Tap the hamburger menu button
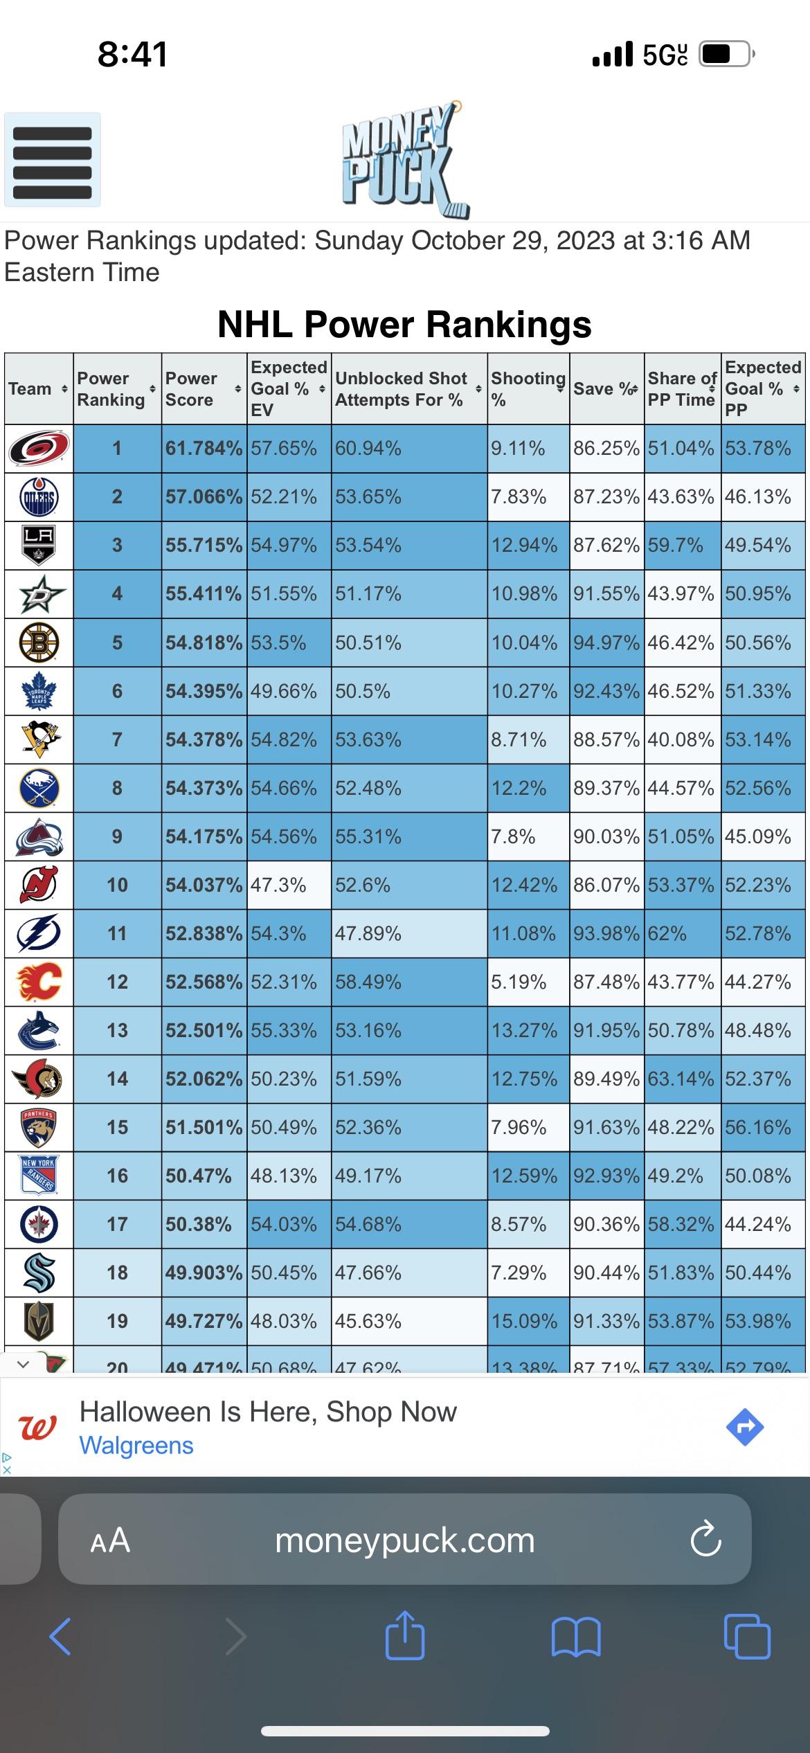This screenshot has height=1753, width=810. coord(53,160)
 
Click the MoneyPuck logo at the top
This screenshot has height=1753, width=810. coord(404,160)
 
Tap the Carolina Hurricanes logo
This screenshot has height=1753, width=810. coord(39,448)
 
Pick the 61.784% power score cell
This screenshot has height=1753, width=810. coord(204,448)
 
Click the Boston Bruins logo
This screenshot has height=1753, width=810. coord(39,642)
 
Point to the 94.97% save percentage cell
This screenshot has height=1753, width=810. coord(606,642)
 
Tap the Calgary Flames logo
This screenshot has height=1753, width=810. coord(39,982)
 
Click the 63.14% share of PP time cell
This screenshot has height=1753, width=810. coord(681,1079)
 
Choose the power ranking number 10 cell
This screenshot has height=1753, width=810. coord(117,885)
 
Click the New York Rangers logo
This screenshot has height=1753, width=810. coord(39,1176)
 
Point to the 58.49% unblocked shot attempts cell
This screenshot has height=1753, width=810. coord(408,982)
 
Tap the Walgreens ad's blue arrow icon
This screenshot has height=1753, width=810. coord(745,1427)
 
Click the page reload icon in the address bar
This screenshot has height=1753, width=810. coord(705,1540)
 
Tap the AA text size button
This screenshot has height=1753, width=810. coord(110,1541)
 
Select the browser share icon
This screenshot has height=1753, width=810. coord(404,1637)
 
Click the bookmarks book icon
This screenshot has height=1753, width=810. coord(575,1637)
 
